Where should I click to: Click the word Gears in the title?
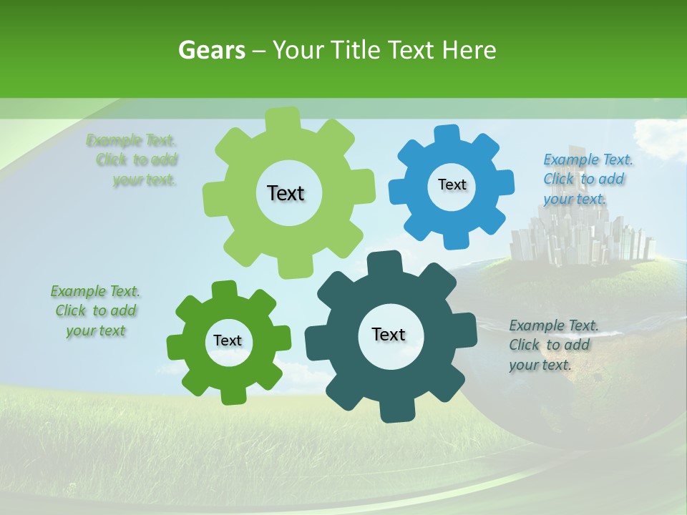[x=211, y=50]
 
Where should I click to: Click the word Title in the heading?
[x=358, y=50]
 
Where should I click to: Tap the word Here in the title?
[x=469, y=50]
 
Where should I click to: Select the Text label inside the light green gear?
[x=286, y=193]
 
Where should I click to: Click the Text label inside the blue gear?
[x=452, y=185]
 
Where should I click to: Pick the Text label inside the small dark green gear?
[x=228, y=340]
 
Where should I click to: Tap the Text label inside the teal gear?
[x=389, y=334]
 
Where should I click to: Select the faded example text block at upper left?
[x=136, y=160]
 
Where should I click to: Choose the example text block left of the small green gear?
[x=95, y=311]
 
